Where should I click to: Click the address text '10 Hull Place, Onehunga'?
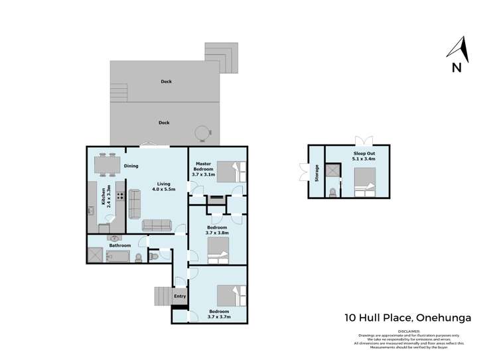(408, 318)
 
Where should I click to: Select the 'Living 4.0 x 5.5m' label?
(163, 188)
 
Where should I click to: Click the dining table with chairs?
(106, 164)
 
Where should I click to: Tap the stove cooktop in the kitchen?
(121, 196)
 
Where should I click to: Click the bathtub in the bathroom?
(120, 257)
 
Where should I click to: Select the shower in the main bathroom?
(94, 255)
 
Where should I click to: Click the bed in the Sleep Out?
(364, 182)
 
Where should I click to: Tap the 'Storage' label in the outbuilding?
(317, 173)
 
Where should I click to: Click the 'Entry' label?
(179, 296)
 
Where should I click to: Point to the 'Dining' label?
(131, 166)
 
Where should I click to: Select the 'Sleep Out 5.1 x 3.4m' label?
(364, 156)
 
